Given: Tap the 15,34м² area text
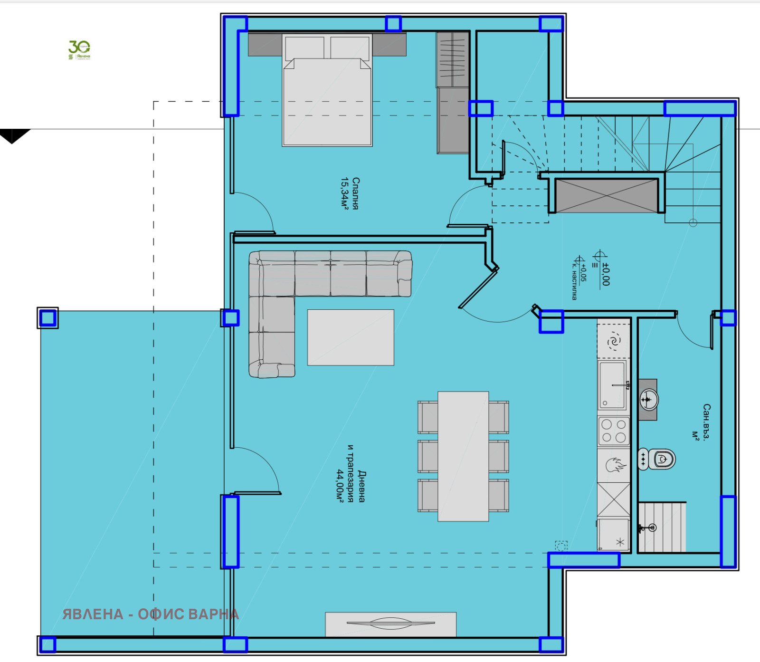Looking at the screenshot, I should pos(345,193).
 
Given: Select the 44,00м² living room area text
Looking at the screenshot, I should pos(340,486).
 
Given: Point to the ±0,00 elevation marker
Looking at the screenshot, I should pos(605,274).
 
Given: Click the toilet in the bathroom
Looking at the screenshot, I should pos(658,459).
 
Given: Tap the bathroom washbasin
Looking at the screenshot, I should pos(648,399).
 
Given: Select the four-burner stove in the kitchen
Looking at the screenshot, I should pos(614,431).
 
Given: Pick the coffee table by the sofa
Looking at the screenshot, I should pos(351,337).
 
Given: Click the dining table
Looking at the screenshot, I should pos(463,456).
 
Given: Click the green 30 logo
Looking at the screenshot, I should pos(79,49).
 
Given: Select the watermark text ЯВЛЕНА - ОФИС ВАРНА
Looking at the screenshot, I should pos(151,614).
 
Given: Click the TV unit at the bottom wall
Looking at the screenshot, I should pos(390,624).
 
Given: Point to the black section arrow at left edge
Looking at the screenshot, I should pos(13,135).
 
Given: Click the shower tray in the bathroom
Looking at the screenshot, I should pos(662,527).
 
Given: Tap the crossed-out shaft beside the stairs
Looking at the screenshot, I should pos(607,196).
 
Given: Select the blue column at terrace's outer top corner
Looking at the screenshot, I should pos(47,317).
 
